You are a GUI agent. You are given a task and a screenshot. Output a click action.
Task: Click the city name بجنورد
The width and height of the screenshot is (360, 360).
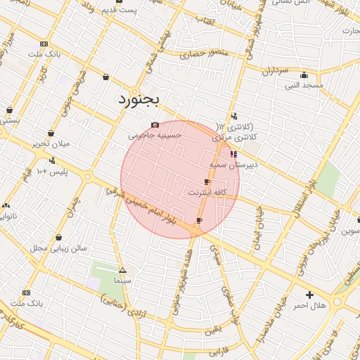pos(139,99)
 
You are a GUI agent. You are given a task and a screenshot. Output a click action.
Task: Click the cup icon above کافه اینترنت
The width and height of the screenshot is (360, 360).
pos(207,181)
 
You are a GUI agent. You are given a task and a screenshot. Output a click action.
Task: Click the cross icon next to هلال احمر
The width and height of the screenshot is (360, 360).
pos(309,294)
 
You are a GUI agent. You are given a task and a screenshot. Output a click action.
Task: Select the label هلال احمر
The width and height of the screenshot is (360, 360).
pos(309,305)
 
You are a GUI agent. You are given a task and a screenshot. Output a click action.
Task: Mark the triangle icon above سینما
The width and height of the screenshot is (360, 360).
pos(123,270)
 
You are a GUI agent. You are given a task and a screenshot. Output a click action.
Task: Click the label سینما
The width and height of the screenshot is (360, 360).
pos(123,280)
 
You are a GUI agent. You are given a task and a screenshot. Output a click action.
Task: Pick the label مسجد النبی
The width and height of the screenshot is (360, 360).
pos(303,85)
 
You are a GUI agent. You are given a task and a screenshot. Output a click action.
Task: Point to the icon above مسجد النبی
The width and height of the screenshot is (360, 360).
pos(304,75)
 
